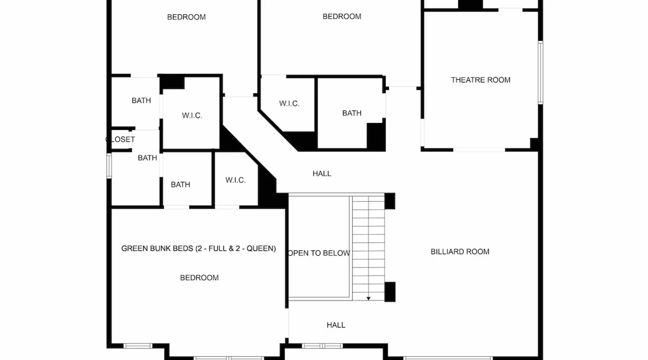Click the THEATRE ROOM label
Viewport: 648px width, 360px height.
click(481, 80)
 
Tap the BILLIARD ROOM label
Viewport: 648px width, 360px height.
click(460, 252)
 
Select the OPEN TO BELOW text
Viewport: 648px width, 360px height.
click(319, 253)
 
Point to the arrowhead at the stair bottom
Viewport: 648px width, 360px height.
click(368, 298)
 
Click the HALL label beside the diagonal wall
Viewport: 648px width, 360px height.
click(322, 174)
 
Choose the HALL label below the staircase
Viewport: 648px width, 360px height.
click(336, 325)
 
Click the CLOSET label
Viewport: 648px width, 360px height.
click(120, 139)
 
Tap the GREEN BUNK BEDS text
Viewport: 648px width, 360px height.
click(157, 248)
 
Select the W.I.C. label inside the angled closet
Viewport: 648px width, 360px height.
click(289, 104)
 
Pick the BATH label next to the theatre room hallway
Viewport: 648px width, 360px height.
click(352, 113)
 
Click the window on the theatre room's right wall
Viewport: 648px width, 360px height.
click(540, 73)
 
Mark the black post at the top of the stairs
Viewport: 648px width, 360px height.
click(390, 201)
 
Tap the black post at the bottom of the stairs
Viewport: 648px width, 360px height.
click(390, 292)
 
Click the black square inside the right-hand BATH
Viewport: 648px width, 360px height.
click(376, 136)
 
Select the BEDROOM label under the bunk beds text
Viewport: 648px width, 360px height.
click(199, 278)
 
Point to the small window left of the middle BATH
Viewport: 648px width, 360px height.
click(109, 166)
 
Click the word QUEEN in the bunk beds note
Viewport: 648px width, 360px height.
click(261, 248)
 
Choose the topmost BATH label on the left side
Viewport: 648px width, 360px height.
click(141, 100)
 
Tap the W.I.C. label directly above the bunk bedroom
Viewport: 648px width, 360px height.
click(235, 180)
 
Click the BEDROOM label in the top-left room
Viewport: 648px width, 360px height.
click(186, 17)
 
